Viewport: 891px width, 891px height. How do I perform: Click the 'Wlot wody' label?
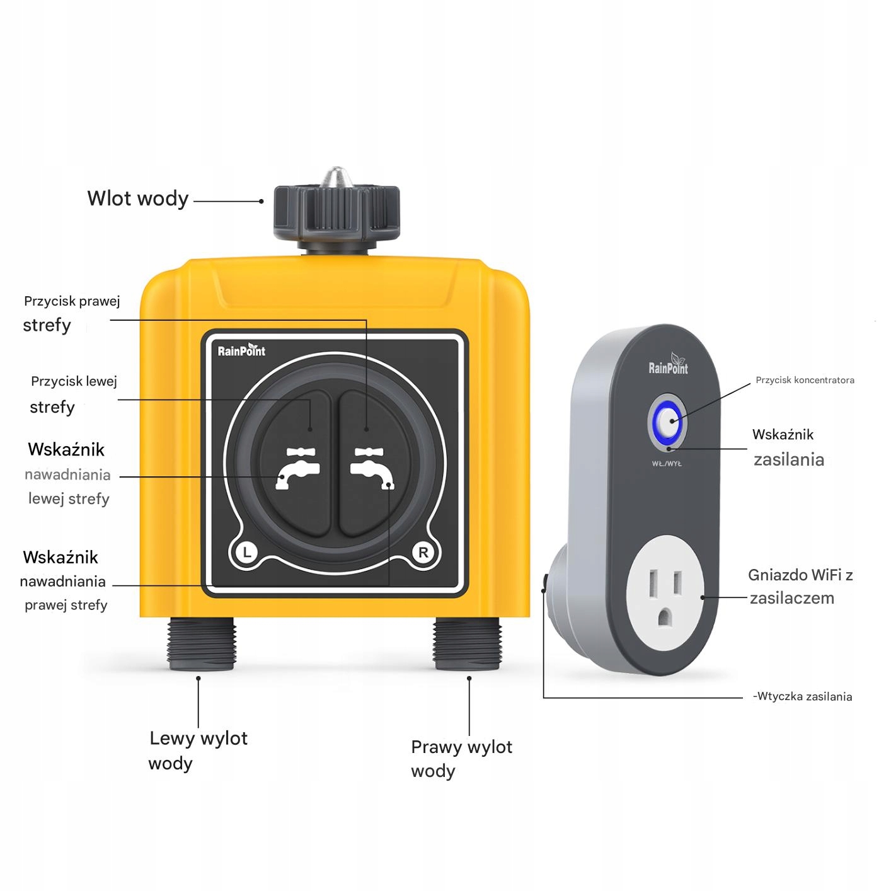coord(138,199)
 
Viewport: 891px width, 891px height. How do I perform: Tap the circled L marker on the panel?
coord(247,552)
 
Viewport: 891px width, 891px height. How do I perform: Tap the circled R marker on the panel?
coord(423,552)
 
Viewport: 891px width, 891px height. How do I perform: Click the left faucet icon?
coord(297,468)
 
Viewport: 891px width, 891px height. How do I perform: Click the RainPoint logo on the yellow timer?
coord(241,350)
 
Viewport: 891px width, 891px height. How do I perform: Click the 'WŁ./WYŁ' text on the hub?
coord(667,463)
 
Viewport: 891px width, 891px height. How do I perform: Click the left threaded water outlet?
coord(202,643)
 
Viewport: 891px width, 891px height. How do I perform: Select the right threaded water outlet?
coord(468,643)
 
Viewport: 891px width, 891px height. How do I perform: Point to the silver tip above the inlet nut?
coord(336,176)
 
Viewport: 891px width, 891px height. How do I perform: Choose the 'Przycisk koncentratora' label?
coord(805,380)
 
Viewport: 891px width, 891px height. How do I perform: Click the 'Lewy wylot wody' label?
coord(198,750)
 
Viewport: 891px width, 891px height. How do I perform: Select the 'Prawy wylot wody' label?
coord(461,759)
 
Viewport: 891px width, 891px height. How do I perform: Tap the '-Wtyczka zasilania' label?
coord(802,696)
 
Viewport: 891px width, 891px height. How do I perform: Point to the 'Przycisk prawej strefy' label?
coord(72,314)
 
